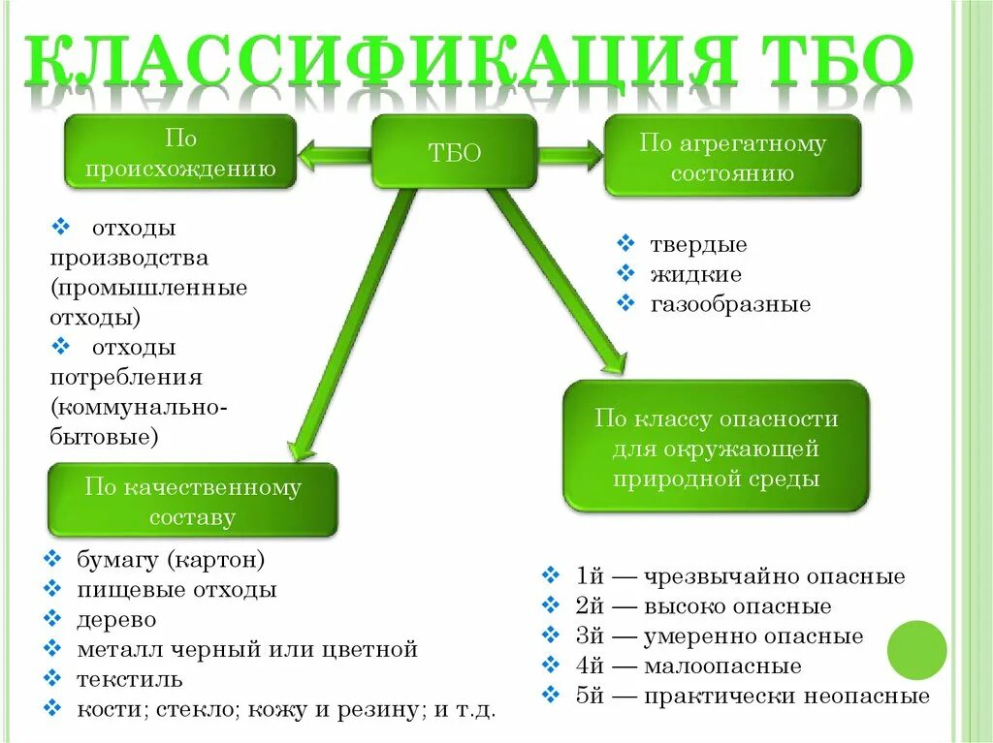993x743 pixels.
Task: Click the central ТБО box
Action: [454, 152]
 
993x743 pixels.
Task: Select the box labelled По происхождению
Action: [179, 154]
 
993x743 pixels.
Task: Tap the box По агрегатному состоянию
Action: [732, 157]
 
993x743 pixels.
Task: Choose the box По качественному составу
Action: [193, 501]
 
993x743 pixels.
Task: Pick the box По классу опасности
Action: [716, 448]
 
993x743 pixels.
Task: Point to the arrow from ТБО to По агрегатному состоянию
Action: [569, 154]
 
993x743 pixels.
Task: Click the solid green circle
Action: [916, 650]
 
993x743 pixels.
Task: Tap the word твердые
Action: [698, 245]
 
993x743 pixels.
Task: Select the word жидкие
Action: [695, 274]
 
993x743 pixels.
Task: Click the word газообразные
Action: [730, 304]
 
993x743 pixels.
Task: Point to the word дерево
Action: [116, 619]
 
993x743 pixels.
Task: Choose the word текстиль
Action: [129, 678]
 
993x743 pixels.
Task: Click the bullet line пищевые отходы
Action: [176, 589]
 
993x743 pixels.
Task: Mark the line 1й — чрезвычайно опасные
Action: [740, 576]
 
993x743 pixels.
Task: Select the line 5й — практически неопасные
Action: [753, 696]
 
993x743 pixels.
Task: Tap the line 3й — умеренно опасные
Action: [719, 636]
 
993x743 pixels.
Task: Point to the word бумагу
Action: [117, 560]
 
